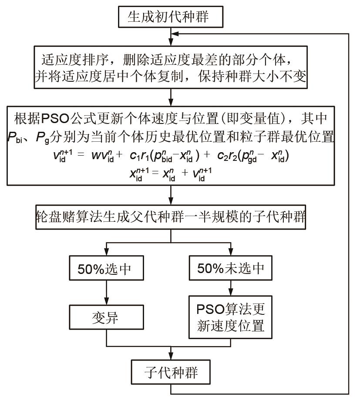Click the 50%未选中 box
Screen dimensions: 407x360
230,269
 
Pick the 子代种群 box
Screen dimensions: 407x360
171,373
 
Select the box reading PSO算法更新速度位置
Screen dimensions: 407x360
230,318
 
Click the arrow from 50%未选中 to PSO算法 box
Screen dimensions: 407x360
230,287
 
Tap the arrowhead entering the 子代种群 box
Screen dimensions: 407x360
171,357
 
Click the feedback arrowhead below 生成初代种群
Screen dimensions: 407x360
174,33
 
